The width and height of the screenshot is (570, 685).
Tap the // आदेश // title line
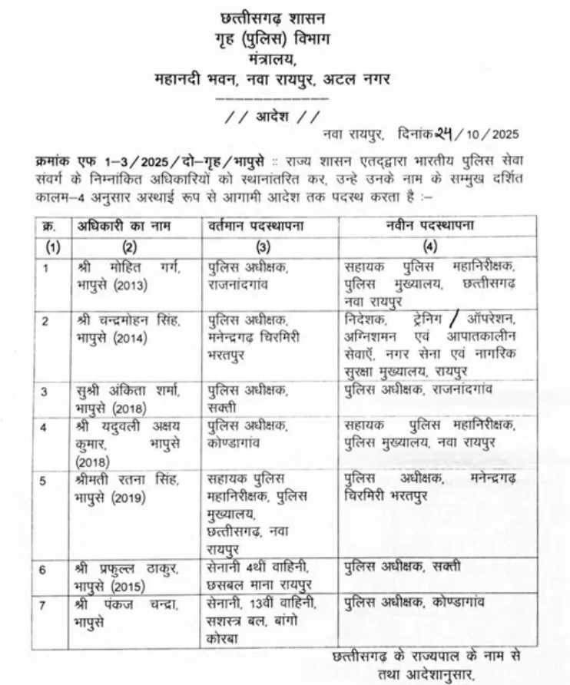(271, 117)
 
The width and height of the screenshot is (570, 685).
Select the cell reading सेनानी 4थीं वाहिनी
(258, 568)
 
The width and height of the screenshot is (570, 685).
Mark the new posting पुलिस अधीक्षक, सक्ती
(403, 568)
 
